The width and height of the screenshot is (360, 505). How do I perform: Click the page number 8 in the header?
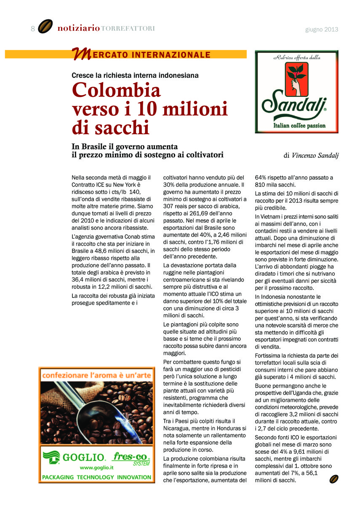[x=32, y=29]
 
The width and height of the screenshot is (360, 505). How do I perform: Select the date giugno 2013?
[x=322, y=29]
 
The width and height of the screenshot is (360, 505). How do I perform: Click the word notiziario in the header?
[x=78, y=28]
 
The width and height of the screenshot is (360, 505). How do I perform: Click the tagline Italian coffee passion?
[x=296, y=125]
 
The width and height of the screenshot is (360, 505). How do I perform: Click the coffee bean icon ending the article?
[x=333, y=479]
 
